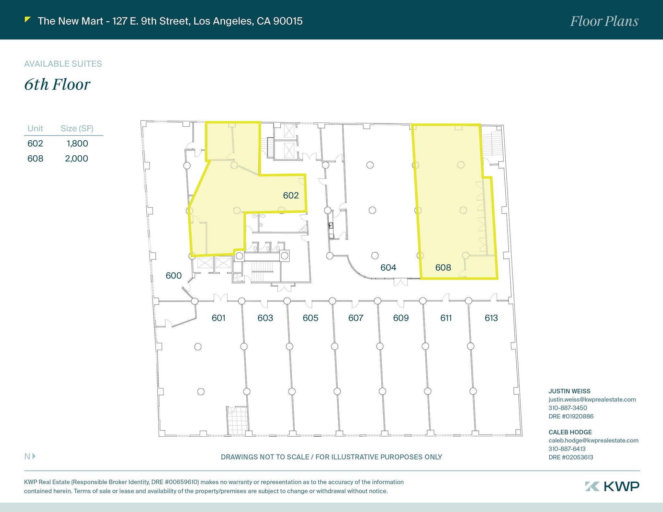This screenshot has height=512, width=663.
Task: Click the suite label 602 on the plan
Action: point(291,195)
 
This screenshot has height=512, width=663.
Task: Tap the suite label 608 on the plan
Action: point(443,267)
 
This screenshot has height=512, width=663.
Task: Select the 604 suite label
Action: point(388,267)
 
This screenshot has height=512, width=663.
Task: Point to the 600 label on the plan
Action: point(174,276)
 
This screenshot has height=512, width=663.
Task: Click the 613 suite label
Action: point(491,318)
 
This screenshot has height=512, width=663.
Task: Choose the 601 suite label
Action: point(219,318)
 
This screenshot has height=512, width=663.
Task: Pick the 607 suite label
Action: point(356,318)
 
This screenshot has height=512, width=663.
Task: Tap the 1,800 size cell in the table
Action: point(77,144)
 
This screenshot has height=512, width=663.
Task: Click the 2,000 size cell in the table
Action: point(77,158)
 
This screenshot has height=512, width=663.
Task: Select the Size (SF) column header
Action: point(77,128)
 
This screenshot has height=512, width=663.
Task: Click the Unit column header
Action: point(35,128)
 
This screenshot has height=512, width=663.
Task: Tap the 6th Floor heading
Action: point(57,84)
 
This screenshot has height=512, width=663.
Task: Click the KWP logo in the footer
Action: point(612,486)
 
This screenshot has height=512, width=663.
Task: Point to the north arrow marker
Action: point(30,456)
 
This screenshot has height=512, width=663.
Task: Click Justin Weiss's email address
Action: point(592,399)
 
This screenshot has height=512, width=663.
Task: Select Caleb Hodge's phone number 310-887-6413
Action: point(567,449)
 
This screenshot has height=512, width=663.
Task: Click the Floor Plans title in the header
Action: point(604,21)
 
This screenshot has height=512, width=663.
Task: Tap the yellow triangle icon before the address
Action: point(28,20)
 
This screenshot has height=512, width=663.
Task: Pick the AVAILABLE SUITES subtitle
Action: point(63,64)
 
